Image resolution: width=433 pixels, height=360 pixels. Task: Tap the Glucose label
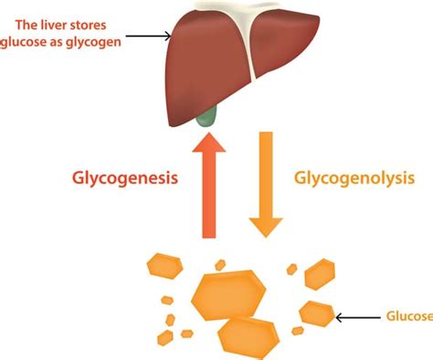[407, 317]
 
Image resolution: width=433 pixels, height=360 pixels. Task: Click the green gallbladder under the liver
[209, 116]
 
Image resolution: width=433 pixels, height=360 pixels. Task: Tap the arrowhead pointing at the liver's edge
[167, 37]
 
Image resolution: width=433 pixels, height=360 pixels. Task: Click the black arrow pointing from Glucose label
[356, 317]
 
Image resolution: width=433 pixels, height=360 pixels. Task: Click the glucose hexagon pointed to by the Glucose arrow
[316, 312]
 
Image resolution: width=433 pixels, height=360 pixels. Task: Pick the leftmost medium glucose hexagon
[164, 266]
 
